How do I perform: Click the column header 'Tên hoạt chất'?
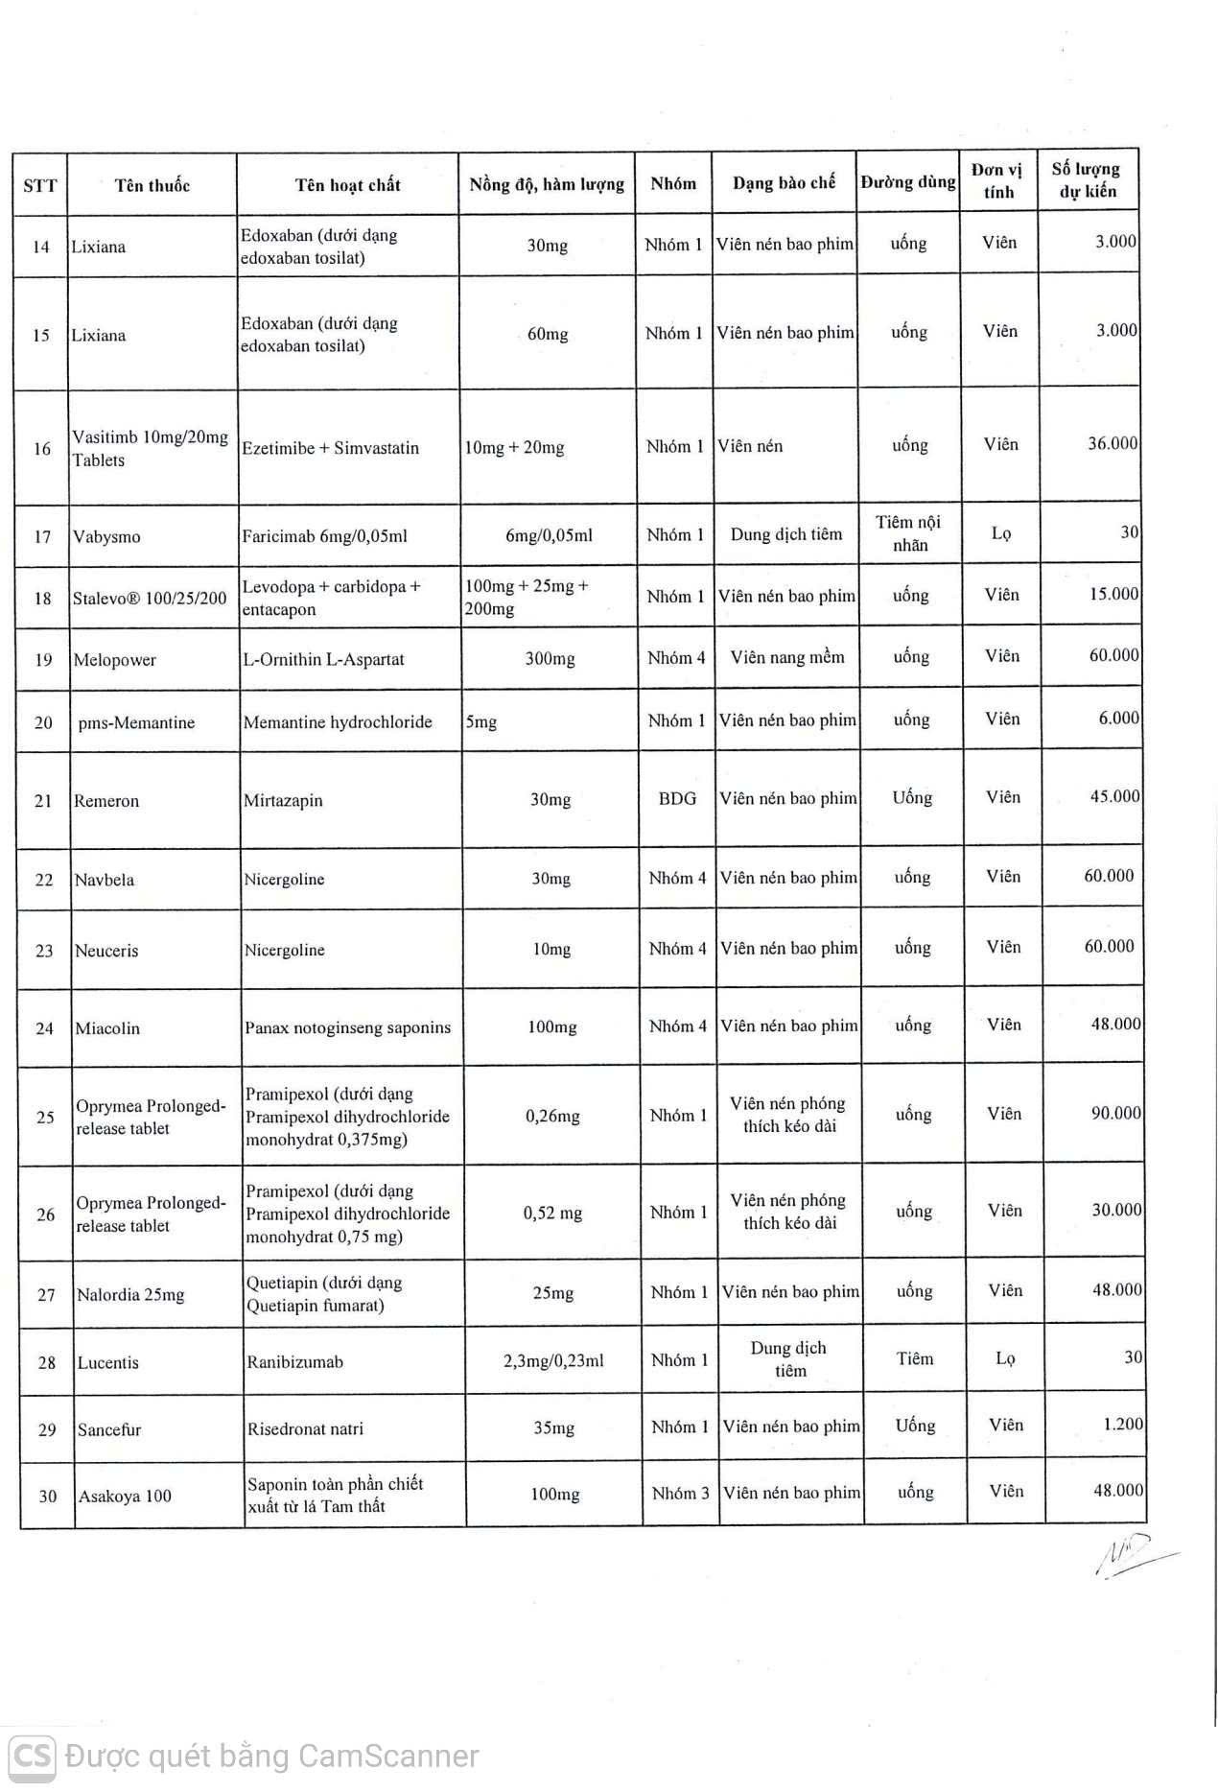coord(347,184)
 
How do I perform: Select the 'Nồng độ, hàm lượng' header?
coord(547,184)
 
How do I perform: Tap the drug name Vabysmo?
coord(106,536)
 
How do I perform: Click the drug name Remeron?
coord(106,801)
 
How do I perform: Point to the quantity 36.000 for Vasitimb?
coord(1113,443)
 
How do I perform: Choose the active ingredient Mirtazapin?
coord(283,800)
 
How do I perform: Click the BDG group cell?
coord(677,798)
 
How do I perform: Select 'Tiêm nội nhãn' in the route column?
coord(909,533)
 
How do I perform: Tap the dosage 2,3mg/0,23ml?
coord(553,1360)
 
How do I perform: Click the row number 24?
coord(45,1028)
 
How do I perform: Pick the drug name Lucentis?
coord(108,1362)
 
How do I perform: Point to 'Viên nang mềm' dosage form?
coord(787,657)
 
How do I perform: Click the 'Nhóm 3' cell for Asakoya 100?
coord(681,1493)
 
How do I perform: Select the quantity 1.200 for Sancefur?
coord(1123,1424)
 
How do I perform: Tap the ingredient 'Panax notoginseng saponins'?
coord(347,1027)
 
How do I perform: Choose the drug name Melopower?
coord(114,660)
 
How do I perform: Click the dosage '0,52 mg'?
coord(552,1213)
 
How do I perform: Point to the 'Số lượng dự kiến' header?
coord(1087,179)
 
